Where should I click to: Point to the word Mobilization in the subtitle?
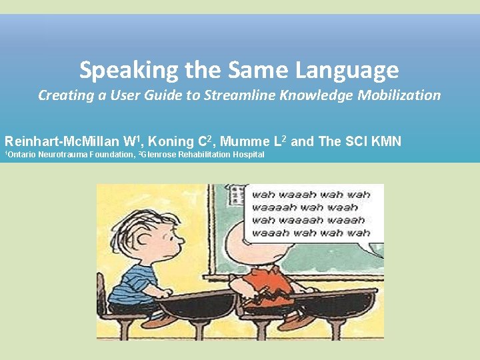click(399, 95)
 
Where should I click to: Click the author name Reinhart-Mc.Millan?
click(63, 141)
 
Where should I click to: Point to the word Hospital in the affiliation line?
click(248, 155)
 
